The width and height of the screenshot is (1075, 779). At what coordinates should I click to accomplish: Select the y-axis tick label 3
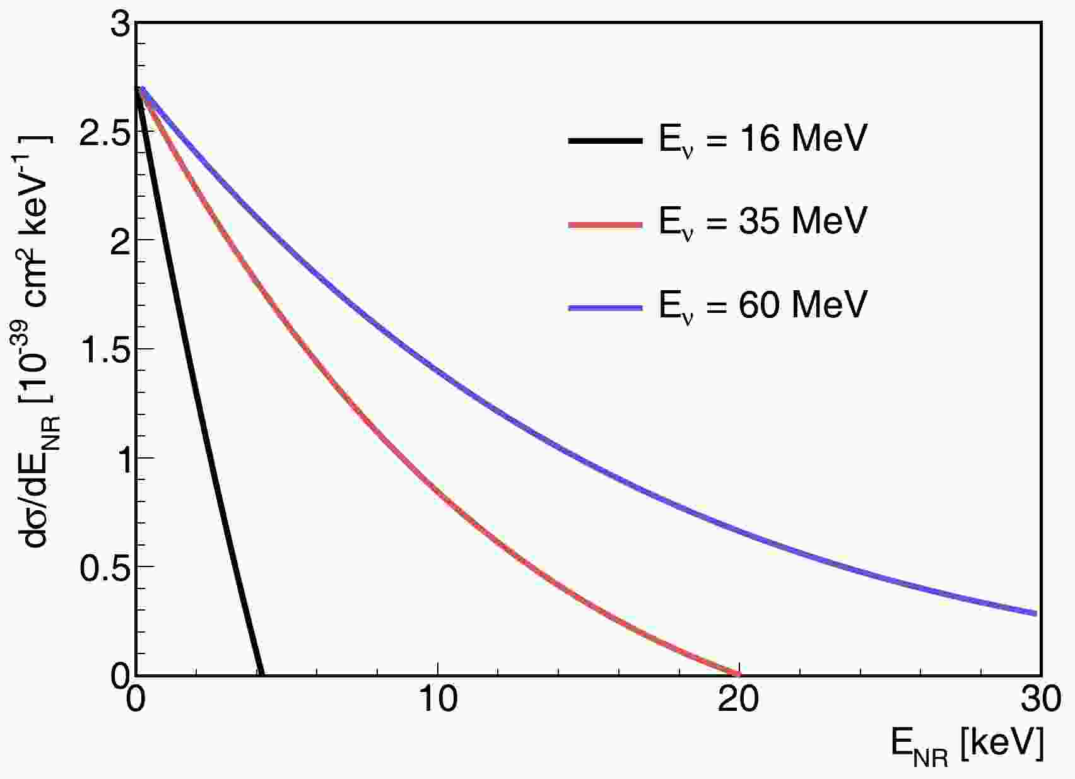pos(120,27)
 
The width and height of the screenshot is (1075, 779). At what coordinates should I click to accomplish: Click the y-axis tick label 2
pos(120,243)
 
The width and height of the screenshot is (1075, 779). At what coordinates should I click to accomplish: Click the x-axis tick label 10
pos(437,700)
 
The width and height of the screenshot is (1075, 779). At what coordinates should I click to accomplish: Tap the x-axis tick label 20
pos(738,700)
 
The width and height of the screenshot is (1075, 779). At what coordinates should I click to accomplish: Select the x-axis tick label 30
pos(1038,700)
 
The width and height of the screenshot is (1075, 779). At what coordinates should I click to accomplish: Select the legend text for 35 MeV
pos(763,221)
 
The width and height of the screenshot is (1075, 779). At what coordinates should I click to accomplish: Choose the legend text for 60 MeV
pos(763,305)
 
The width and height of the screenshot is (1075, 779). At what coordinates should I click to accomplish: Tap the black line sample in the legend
pos(605,141)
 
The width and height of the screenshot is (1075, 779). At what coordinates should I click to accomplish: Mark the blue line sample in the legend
pos(605,308)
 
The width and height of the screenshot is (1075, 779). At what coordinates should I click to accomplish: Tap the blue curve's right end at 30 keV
pos(1035,613)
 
